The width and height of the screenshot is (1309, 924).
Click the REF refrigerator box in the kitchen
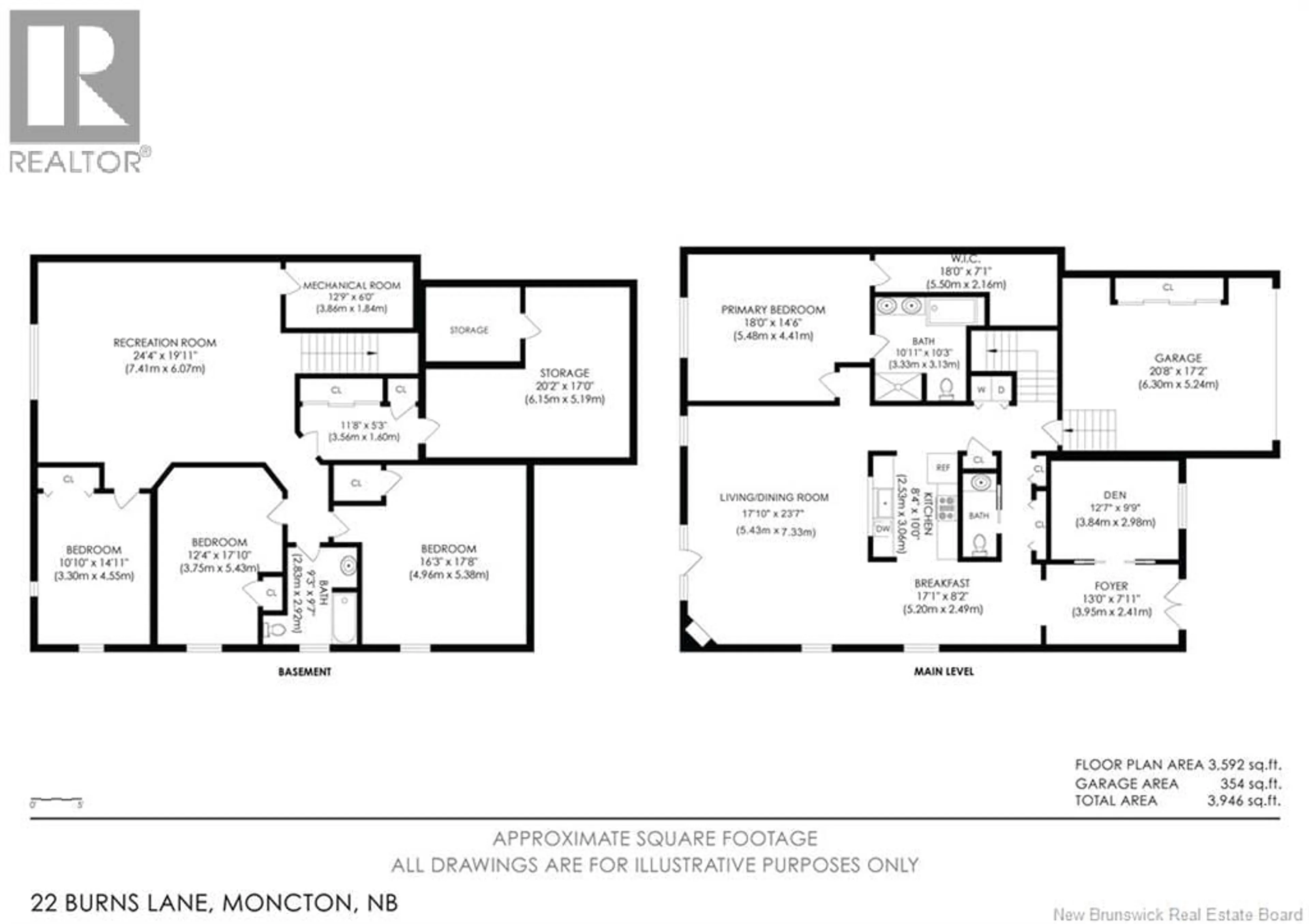pos(943,467)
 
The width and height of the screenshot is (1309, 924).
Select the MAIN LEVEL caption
pos(944,671)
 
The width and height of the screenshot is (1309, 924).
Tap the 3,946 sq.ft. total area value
pos(1244,801)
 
